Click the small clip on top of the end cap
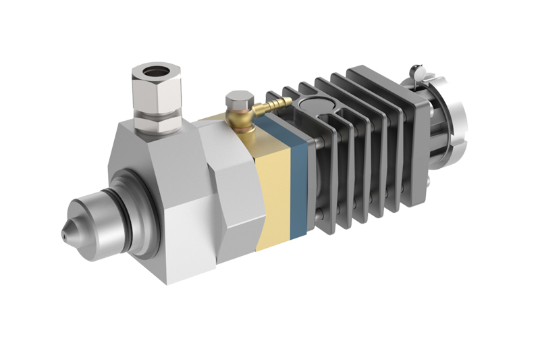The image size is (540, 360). [x=416, y=68]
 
